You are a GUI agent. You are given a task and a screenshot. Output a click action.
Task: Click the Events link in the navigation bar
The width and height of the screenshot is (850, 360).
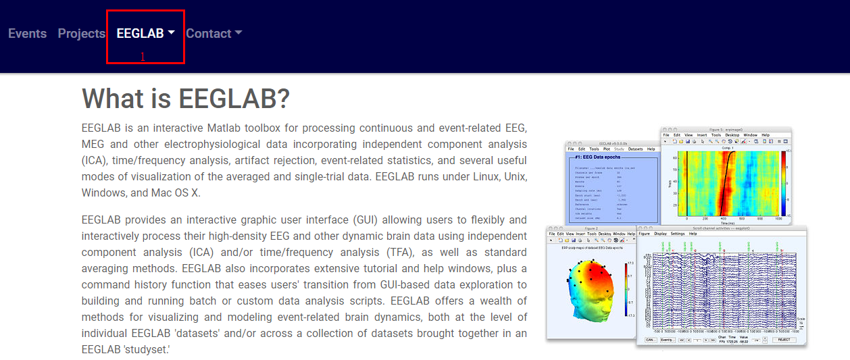(x=27, y=34)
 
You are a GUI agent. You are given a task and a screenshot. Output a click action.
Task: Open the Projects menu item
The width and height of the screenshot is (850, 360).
(x=82, y=34)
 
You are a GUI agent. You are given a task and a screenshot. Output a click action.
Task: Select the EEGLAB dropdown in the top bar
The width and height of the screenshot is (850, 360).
(x=145, y=34)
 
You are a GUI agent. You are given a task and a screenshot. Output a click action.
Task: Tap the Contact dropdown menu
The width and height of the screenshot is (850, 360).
(x=214, y=34)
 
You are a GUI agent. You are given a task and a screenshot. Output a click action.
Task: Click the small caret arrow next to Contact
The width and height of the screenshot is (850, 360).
(x=238, y=33)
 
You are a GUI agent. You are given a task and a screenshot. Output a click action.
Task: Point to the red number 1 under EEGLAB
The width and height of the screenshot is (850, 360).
(x=143, y=57)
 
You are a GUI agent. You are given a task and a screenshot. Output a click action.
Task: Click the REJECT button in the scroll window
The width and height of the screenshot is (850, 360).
(x=784, y=340)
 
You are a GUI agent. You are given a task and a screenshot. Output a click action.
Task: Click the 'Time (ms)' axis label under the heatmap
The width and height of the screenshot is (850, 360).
(x=727, y=222)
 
